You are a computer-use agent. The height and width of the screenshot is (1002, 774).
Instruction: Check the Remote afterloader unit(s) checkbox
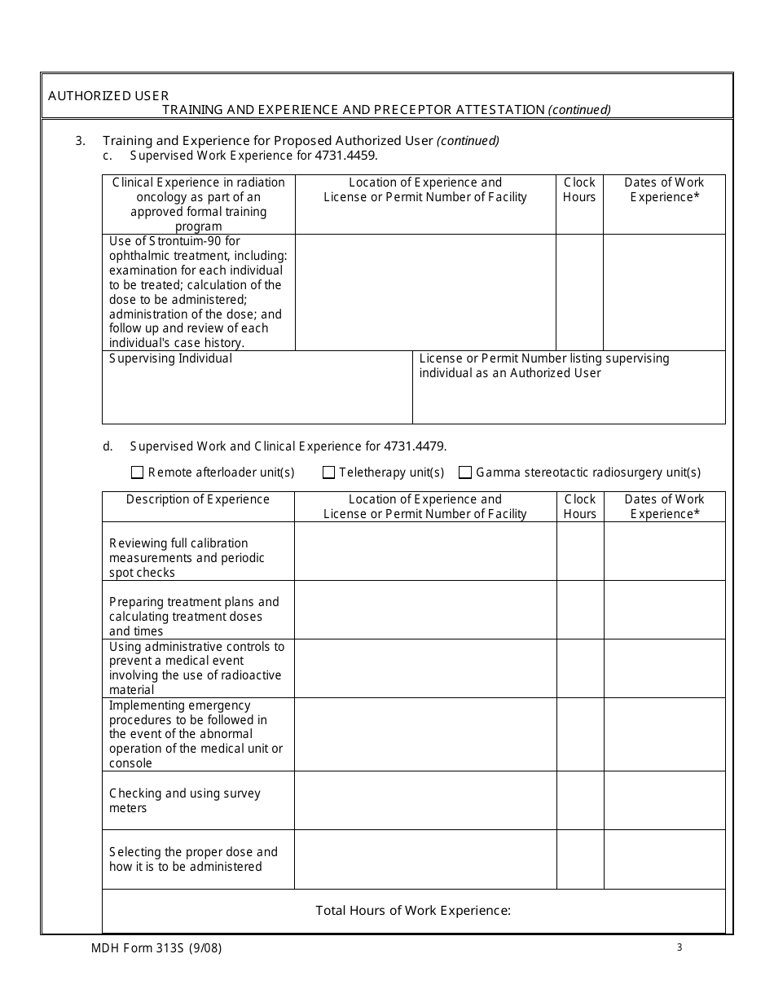pyautogui.click(x=137, y=472)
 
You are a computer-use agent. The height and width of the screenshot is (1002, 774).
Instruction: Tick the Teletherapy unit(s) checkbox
pyautogui.click(x=329, y=472)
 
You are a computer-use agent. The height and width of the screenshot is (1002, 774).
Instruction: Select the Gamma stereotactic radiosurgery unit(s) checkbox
pyautogui.click(x=465, y=472)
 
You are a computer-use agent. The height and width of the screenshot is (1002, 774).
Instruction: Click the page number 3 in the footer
pyautogui.click(x=679, y=947)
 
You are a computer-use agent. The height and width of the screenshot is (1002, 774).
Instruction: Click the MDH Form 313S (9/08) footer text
pyautogui.click(x=156, y=947)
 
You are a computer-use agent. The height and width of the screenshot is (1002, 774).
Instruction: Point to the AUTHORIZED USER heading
pyautogui.click(x=108, y=95)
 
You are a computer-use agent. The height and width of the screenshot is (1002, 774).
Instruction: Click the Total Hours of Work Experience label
pyautogui.click(x=413, y=911)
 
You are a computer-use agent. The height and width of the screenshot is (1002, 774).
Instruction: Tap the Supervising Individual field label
pyautogui.click(x=170, y=358)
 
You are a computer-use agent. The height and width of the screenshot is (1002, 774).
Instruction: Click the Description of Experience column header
pyautogui.click(x=198, y=499)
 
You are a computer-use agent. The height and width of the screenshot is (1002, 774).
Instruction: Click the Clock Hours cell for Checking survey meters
pyautogui.click(x=580, y=801)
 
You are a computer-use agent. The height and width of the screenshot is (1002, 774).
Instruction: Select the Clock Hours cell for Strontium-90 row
pyautogui.click(x=579, y=292)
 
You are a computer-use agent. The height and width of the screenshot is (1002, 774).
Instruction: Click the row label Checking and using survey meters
pyautogui.click(x=185, y=801)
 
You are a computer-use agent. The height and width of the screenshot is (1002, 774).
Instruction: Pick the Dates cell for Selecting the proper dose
pyautogui.click(x=664, y=859)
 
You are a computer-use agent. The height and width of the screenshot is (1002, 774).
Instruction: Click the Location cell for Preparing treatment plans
pyautogui.click(x=425, y=609)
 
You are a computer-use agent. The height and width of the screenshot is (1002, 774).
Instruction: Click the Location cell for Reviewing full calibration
pyautogui.click(x=425, y=552)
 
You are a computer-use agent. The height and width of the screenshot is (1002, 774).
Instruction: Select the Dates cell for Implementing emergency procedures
pyautogui.click(x=664, y=735)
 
